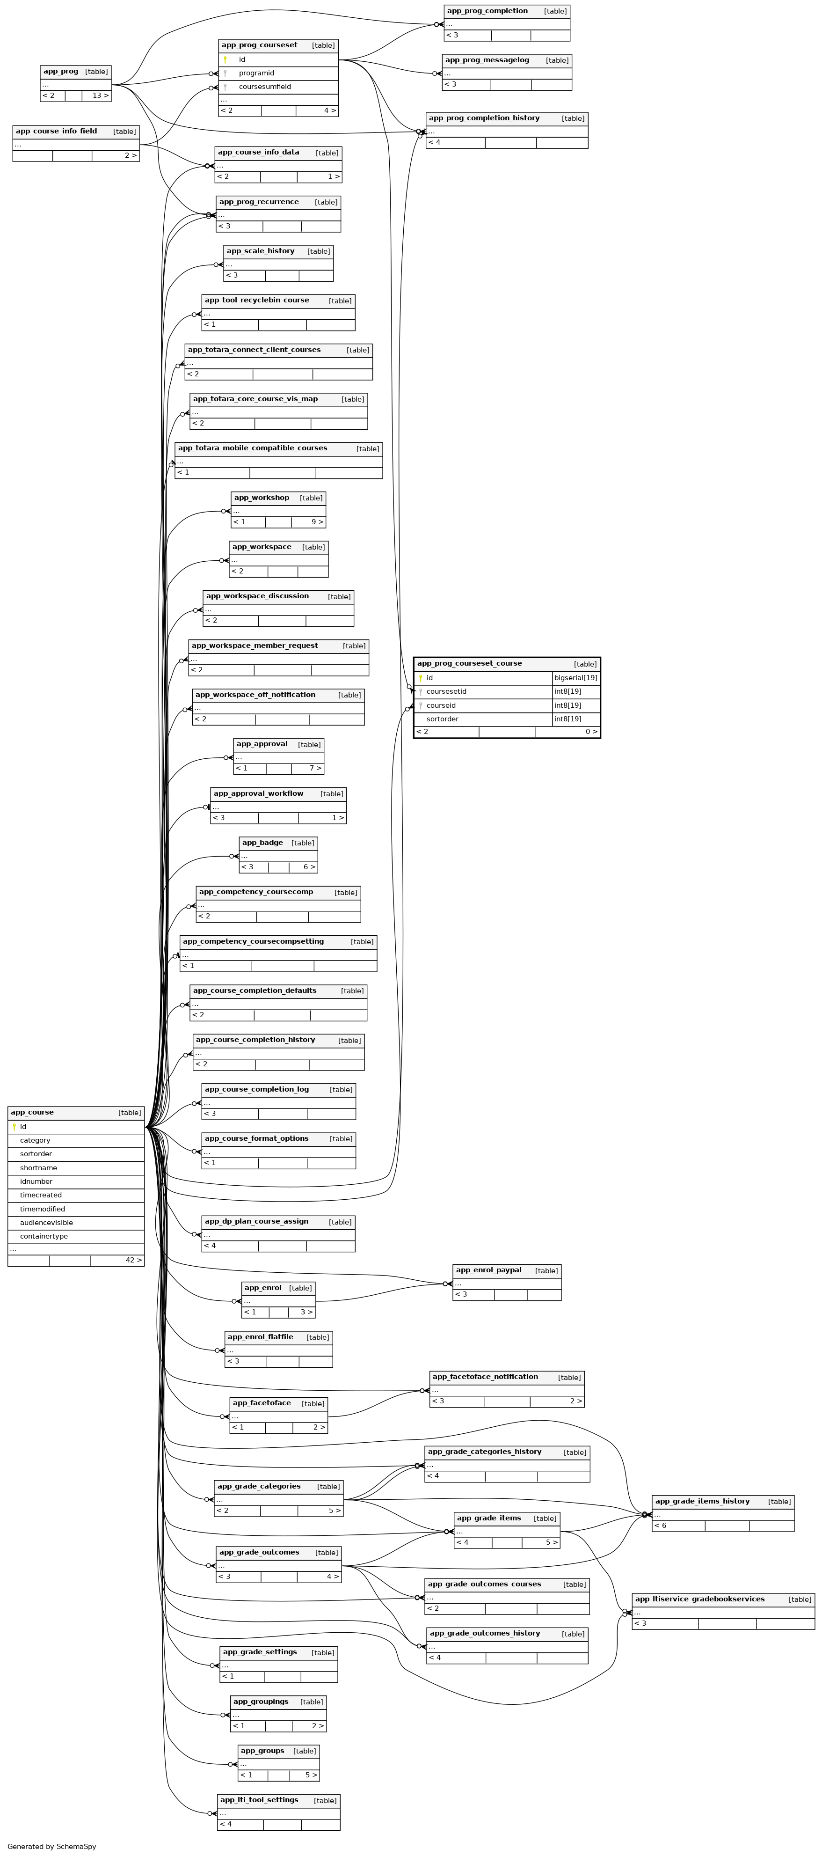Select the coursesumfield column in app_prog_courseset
click(x=264, y=87)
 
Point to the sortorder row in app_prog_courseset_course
click(x=442, y=719)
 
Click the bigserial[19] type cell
click(x=575, y=678)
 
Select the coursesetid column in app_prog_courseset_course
click(x=446, y=692)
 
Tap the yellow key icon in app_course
click(x=14, y=1127)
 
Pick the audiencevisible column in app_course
click(x=46, y=1223)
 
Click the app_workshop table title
click(x=262, y=498)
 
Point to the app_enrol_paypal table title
click(x=488, y=1270)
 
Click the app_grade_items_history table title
click(x=702, y=1502)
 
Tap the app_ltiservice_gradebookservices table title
click(x=699, y=1599)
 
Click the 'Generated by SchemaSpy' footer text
click(x=52, y=1847)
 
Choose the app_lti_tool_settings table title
click(x=258, y=1800)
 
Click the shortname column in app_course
click(x=38, y=1168)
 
